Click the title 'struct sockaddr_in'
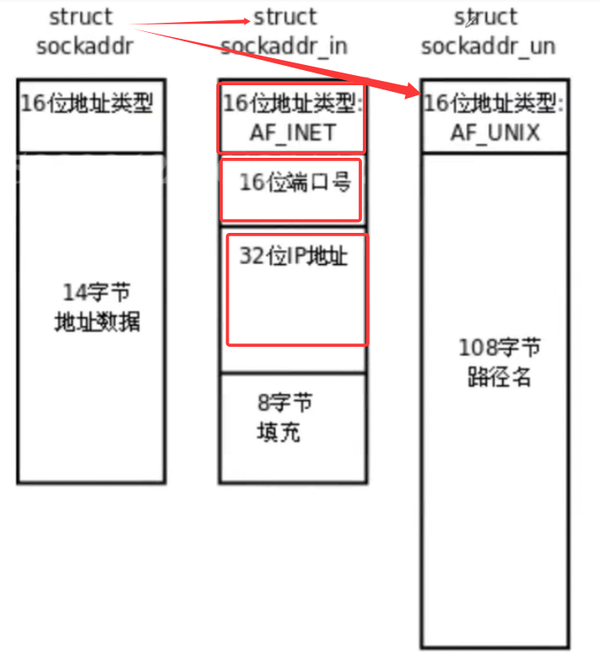[284, 31]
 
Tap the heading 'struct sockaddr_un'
[487, 31]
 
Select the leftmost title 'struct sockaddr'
[84, 31]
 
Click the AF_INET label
[292, 132]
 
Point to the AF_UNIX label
[495, 132]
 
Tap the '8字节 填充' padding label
[281, 418]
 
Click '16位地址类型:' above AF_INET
[292, 104]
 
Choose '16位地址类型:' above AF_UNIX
[495, 104]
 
